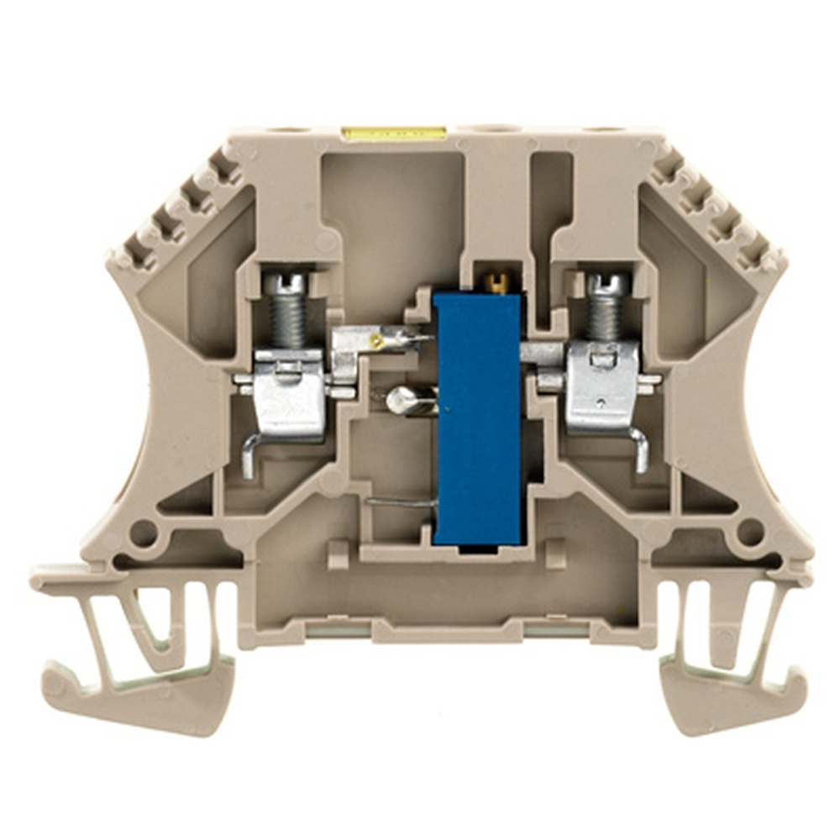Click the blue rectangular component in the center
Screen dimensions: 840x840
(x=477, y=416)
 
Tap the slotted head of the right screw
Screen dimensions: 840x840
(x=608, y=284)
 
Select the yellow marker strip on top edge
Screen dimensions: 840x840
(x=393, y=134)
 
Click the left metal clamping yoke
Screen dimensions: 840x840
(x=289, y=395)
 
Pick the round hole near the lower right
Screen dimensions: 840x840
(x=749, y=532)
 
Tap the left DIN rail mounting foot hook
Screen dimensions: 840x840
(x=126, y=689)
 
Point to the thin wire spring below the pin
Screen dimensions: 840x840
(x=402, y=502)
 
